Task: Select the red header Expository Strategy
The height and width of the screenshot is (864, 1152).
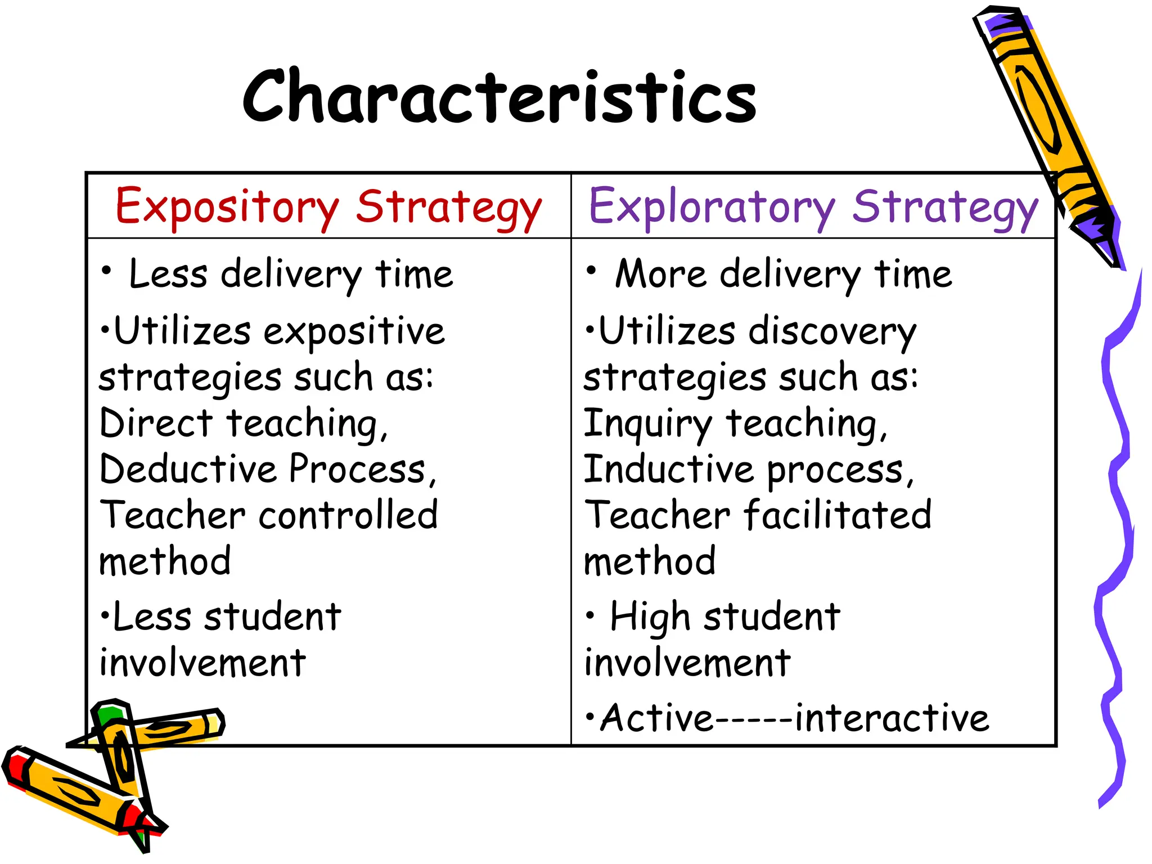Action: coord(328,207)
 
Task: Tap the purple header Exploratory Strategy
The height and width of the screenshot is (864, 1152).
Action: coord(813,207)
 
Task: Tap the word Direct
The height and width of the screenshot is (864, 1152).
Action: coord(156,424)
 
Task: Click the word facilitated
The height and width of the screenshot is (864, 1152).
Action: coord(838,515)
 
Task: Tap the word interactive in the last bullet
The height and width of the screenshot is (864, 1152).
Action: coord(892,719)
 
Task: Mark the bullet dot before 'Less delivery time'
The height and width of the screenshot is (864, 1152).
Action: coord(106,271)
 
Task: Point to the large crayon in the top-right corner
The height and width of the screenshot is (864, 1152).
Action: coord(1046,129)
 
